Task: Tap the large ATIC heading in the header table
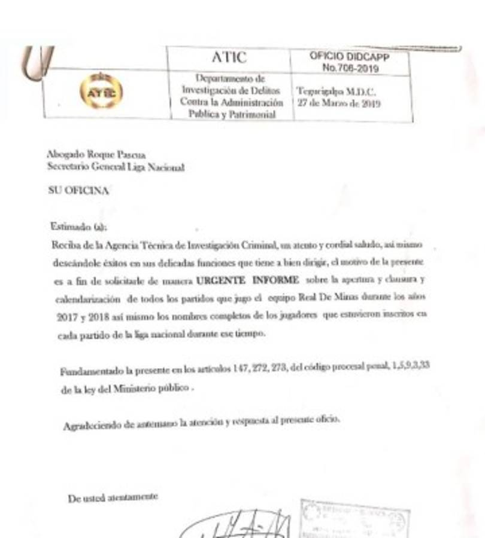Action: click(229, 57)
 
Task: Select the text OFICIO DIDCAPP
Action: click(349, 56)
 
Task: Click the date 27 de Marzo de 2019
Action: click(338, 103)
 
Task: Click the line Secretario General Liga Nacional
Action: click(116, 167)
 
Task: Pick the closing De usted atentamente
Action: click(113, 497)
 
